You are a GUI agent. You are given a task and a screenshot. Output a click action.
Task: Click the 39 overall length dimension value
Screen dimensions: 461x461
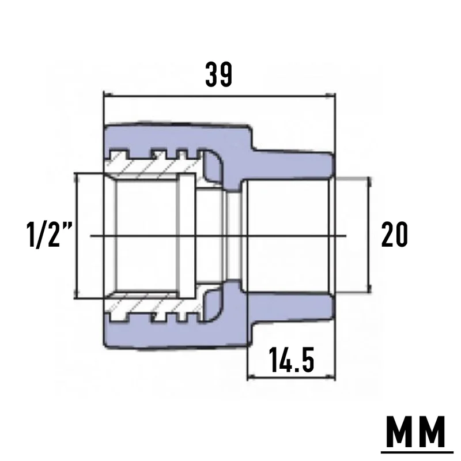[x=219, y=74]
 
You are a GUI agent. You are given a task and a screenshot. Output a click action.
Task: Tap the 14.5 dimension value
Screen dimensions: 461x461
[x=292, y=359]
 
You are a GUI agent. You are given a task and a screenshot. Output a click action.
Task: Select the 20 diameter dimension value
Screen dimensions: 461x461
[x=394, y=235]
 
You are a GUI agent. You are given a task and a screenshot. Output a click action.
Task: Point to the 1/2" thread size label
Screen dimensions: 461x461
[x=50, y=235]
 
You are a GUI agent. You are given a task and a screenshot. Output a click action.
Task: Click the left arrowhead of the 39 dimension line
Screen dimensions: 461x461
[x=108, y=95]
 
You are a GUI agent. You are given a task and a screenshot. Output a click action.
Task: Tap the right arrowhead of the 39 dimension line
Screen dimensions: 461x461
[x=330, y=96]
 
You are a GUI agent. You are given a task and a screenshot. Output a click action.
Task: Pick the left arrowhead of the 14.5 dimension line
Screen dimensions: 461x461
[x=252, y=377]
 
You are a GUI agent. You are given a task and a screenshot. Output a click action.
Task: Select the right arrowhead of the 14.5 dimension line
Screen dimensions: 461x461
[x=331, y=377]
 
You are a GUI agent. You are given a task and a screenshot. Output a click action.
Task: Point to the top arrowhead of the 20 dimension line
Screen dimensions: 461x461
[x=369, y=182]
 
